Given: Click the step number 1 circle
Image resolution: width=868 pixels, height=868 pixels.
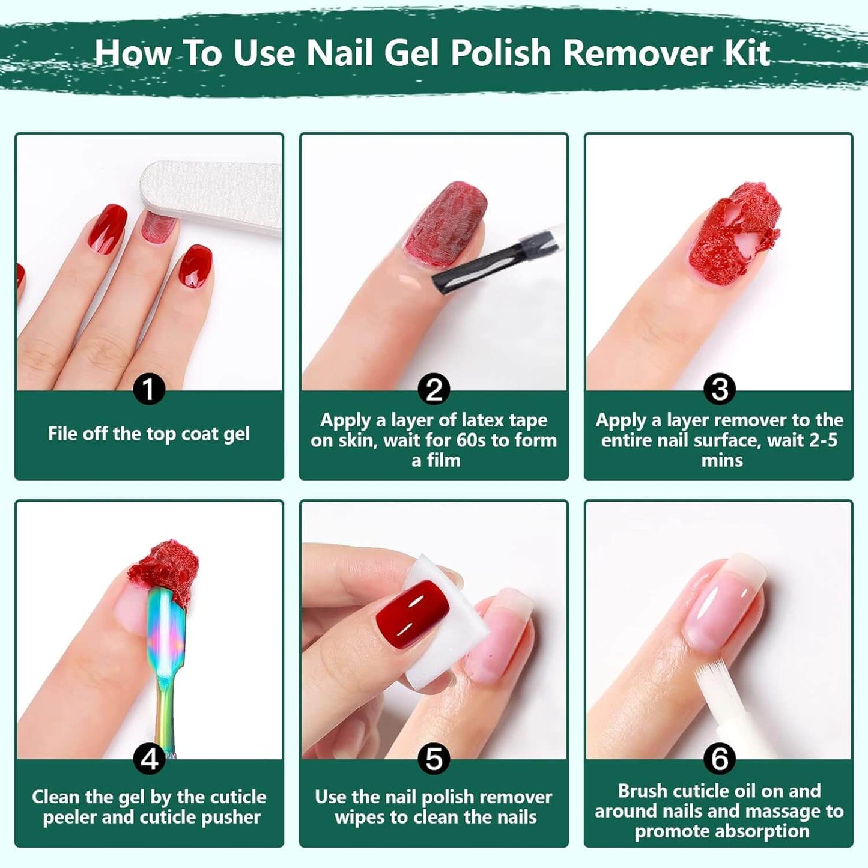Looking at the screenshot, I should [x=148, y=389].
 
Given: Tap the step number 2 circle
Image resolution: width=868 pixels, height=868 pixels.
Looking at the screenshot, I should [x=434, y=389].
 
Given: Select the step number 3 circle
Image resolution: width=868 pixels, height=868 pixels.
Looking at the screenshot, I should [x=719, y=389].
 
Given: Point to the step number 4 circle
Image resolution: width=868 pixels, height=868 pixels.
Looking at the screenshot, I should [x=148, y=759].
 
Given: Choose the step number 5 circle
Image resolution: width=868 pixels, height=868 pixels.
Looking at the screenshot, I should [x=434, y=759].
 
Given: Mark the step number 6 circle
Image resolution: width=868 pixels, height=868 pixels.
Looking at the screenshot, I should [x=719, y=759].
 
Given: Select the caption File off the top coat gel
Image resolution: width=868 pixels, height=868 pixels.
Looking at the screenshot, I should [x=148, y=434].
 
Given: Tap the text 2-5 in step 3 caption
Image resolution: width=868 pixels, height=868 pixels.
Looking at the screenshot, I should [x=823, y=440].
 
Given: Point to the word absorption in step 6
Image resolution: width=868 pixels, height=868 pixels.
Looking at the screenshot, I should [x=722, y=831].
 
